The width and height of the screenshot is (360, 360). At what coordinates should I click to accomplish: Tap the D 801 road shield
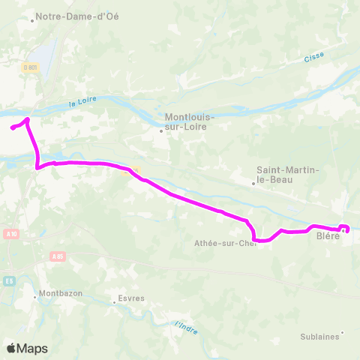coord(30,68)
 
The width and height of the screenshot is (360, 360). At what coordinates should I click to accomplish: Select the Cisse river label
coord(313,58)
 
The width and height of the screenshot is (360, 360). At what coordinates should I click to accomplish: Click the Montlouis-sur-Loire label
coord(190,122)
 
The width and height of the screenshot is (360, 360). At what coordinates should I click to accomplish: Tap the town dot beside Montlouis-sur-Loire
coord(161,130)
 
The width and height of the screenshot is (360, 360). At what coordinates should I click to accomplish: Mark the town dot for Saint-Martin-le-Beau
coord(253,183)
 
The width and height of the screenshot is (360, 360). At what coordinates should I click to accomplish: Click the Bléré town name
coord(328,235)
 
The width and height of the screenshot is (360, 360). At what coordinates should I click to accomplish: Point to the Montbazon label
coord(61,293)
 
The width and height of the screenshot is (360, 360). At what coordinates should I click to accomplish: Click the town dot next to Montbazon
coord(34,297)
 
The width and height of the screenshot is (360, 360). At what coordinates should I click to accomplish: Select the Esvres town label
coord(131,298)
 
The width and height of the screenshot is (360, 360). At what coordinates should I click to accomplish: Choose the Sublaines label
coord(319,337)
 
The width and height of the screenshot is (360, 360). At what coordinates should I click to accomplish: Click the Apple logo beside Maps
coord(11,348)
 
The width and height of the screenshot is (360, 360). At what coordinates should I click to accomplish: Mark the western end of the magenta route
coord(12,128)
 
